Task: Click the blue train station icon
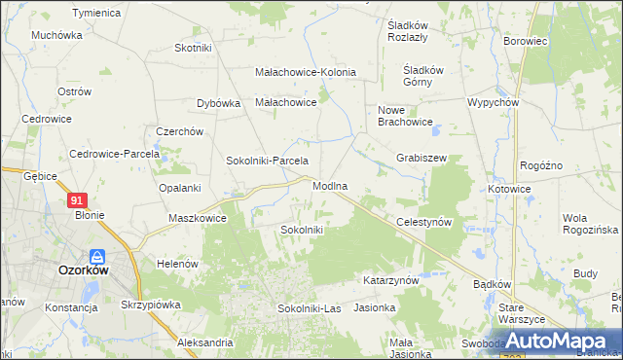tap(96, 257)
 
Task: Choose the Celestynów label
tap(425, 222)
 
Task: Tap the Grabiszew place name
tap(421, 158)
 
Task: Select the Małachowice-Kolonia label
tap(305, 72)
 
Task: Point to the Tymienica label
tap(96, 14)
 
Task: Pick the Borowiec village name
tap(528, 43)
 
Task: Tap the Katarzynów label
tap(390, 279)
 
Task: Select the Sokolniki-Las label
tap(309, 308)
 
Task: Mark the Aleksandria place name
tap(205, 342)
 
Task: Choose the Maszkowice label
tap(198, 219)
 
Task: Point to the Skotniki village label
tap(193, 48)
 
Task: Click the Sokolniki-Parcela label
tap(267, 161)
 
